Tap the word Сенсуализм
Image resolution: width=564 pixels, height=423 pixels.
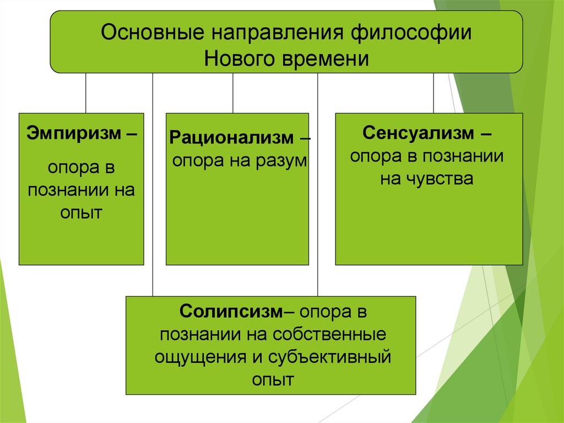coord(419,133)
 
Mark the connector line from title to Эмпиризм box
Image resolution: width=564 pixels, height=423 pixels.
coord(85,93)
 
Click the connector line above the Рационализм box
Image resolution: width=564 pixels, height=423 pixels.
coord(233,93)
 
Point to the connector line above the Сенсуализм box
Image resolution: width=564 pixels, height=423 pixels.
coord(433,93)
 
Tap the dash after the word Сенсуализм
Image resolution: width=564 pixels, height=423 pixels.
coord(486,134)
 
